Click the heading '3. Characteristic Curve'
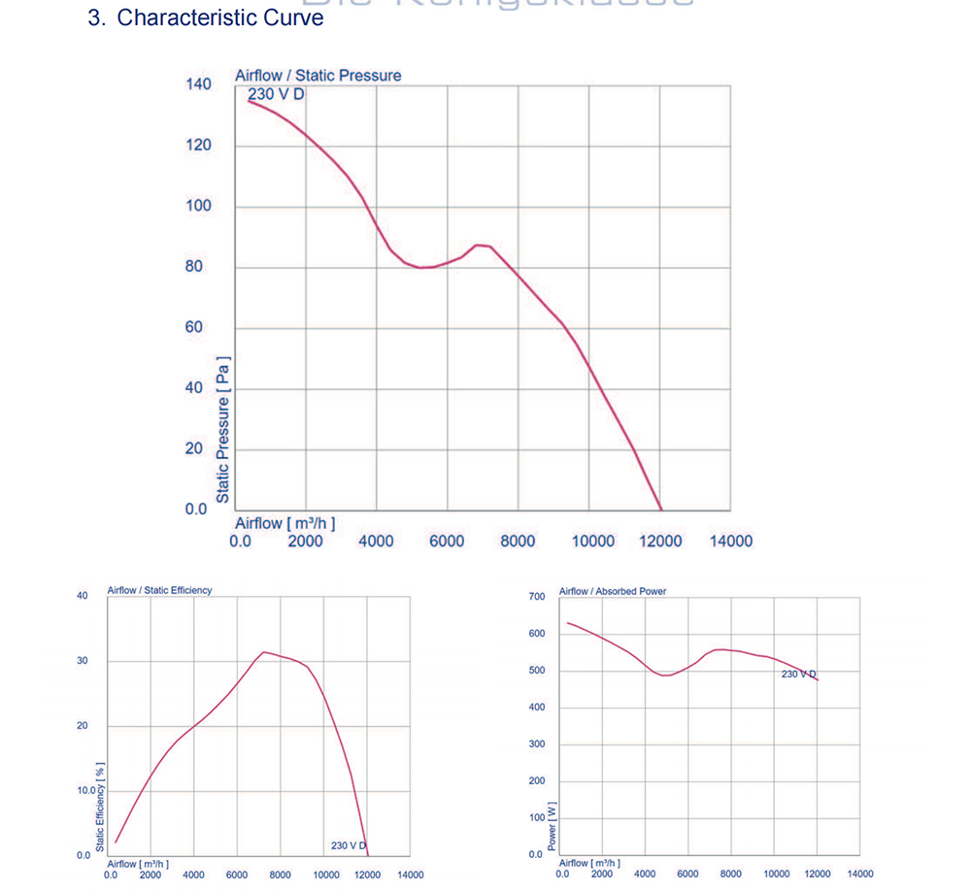coord(206,17)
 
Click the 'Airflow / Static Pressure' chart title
coord(318,75)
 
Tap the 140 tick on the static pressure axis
coord(198,84)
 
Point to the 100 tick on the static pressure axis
coord(198,206)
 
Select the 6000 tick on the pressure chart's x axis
coord(447,541)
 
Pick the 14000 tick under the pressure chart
coord(730,541)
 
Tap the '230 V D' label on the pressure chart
coord(277,94)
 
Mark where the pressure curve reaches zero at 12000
coord(661,509)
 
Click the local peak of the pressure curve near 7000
coord(480,246)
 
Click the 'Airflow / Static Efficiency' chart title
coord(159,590)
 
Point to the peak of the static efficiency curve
coord(264,652)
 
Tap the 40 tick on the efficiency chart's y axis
coord(83,595)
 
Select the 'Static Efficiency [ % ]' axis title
coord(100,808)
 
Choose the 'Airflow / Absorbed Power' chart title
coord(613,591)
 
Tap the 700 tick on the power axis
coord(537,596)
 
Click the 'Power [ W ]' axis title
coord(552,826)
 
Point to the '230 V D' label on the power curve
coord(799,674)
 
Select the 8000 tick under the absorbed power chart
coord(731,874)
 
